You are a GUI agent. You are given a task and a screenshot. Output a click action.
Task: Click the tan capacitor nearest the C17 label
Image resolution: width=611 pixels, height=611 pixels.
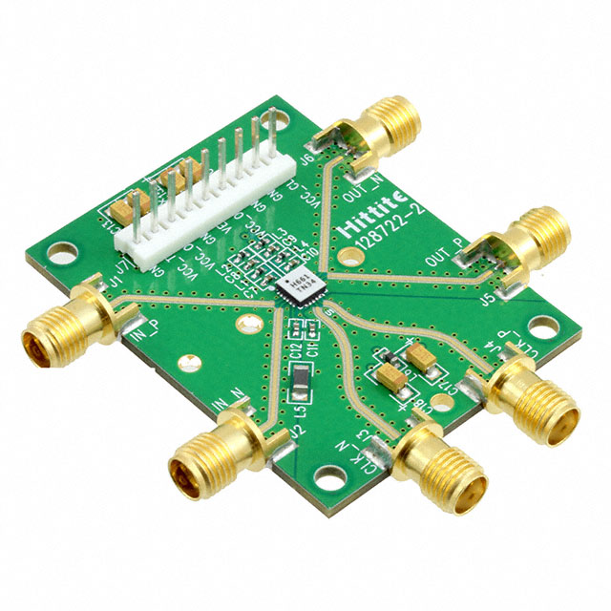392,378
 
